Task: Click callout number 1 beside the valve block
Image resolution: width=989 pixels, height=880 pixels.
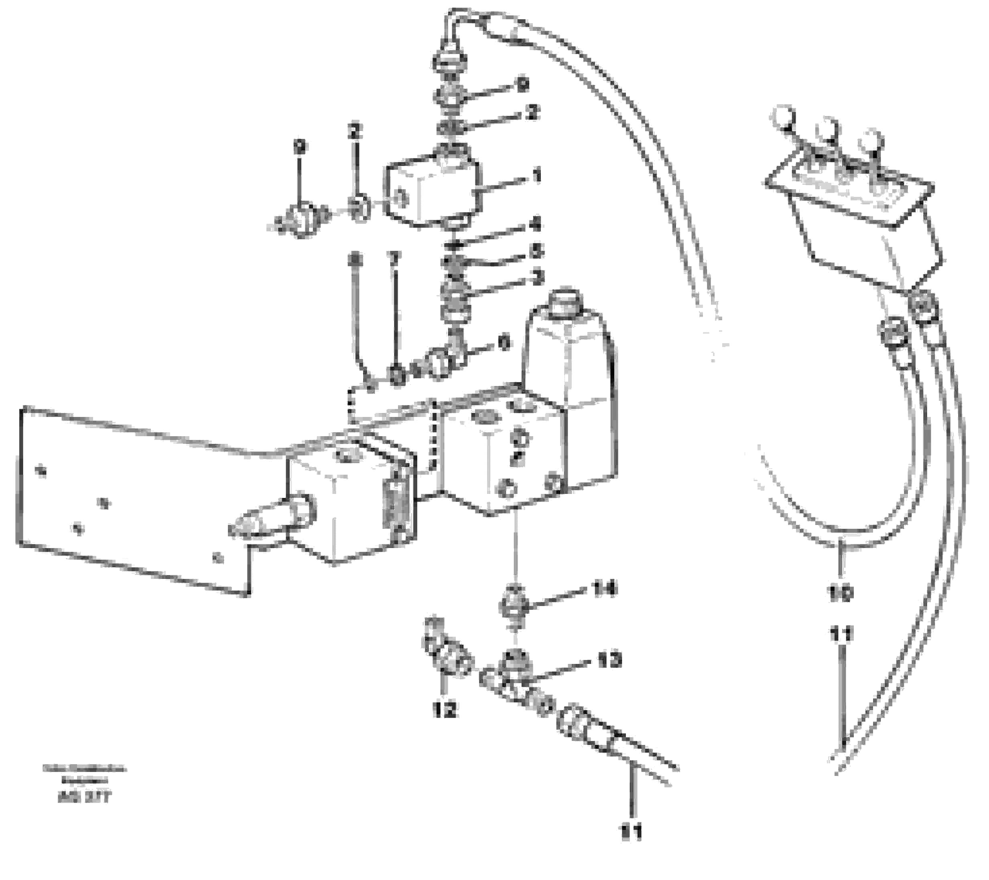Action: (x=536, y=176)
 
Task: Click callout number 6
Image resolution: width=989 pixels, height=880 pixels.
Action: (x=504, y=343)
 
